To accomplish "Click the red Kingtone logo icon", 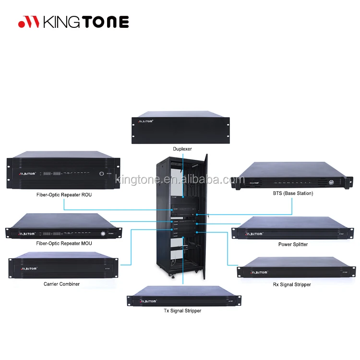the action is (29, 22).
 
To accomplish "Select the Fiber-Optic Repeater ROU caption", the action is (64, 195).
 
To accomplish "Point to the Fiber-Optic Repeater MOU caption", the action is (64, 243).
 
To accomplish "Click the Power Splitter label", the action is (293, 244).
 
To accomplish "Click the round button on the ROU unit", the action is (101, 174).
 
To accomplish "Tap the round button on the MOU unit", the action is (102, 234).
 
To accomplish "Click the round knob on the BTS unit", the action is (331, 182).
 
